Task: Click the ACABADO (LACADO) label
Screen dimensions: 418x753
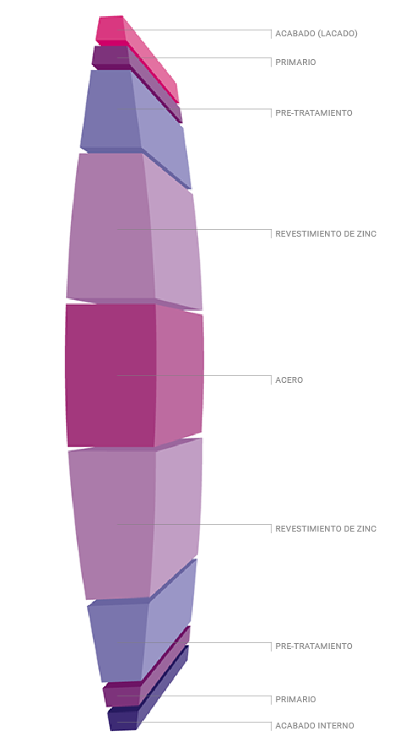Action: (x=316, y=34)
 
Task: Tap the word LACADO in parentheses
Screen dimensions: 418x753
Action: (x=337, y=34)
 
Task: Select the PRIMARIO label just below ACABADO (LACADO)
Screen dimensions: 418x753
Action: (x=295, y=63)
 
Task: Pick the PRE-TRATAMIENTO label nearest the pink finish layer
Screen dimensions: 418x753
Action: (x=314, y=113)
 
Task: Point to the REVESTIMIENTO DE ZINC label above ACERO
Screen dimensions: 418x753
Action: (x=326, y=234)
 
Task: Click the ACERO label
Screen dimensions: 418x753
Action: (x=289, y=380)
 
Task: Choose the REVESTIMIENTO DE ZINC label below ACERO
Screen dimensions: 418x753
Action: (x=326, y=529)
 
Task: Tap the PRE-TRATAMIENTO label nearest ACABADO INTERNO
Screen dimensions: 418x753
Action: (x=314, y=647)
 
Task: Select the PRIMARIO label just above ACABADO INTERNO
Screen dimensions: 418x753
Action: (x=295, y=700)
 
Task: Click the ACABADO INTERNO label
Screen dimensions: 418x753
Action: (x=315, y=726)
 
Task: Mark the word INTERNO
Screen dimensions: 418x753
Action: (x=335, y=726)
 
